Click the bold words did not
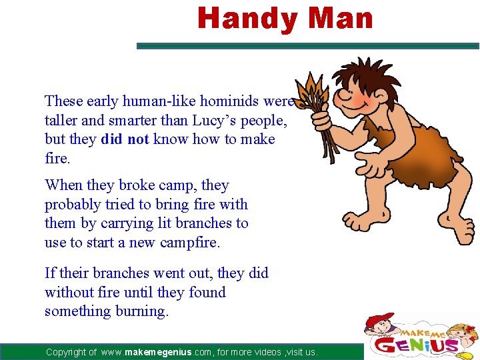(125, 139)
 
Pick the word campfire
(189, 243)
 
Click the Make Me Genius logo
(421, 337)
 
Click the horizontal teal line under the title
(307, 46)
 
